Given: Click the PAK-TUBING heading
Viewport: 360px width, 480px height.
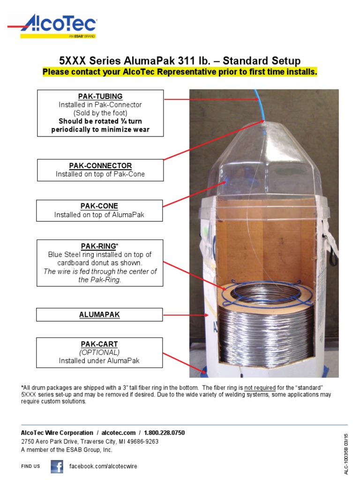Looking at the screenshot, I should pos(100,97).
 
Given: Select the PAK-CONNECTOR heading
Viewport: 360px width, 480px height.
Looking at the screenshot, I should pos(100,166).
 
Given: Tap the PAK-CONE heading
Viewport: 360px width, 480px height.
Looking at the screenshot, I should pos(99,206).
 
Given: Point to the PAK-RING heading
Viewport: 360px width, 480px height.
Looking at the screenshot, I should pos(98,246).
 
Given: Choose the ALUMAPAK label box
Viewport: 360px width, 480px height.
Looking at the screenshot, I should pos(99,315).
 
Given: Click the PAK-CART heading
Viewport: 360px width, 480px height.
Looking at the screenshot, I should pos(99,344).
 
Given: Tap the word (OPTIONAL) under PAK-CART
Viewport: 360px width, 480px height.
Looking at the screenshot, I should pos(99,352).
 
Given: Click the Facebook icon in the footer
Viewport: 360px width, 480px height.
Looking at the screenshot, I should pos(57,466).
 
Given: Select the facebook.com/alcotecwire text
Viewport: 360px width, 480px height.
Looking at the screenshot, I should pos(103,466).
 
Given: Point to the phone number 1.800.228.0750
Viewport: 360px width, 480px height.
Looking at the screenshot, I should pos(165,433).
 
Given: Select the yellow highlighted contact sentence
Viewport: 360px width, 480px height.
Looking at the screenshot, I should pos(180,72).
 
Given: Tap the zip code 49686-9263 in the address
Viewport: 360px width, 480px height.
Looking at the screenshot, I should pos(140,441).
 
